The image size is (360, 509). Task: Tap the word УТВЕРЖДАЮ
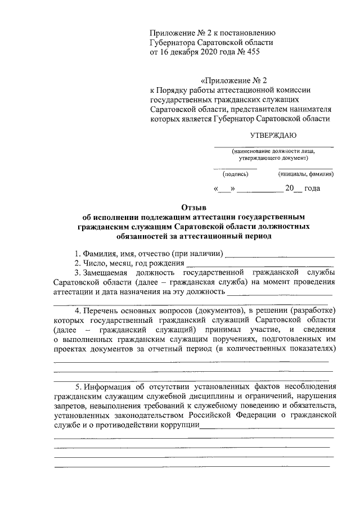pos(273,136)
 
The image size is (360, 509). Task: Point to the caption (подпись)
pos(235,174)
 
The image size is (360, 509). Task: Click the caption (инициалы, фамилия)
pos(306,174)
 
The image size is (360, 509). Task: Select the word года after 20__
pos(312,188)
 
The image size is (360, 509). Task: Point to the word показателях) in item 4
pos(311,349)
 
